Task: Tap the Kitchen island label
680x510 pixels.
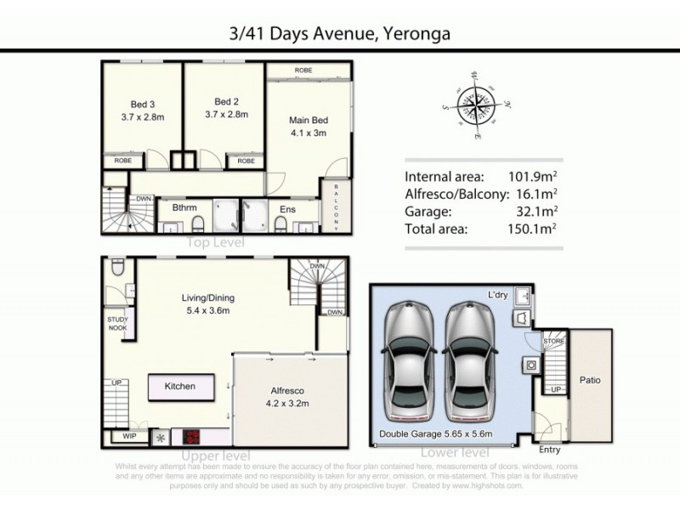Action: [x=179, y=387]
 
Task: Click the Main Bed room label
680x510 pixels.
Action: [x=309, y=126]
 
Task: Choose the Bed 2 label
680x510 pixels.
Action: [x=226, y=105]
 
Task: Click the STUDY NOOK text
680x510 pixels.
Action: [x=117, y=324]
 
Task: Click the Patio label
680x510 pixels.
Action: [x=590, y=380]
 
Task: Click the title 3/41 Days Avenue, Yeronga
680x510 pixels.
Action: [x=339, y=34]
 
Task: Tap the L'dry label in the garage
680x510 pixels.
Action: [x=498, y=293]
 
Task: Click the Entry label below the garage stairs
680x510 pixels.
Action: [x=550, y=450]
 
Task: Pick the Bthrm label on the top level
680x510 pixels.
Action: [x=184, y=207]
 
